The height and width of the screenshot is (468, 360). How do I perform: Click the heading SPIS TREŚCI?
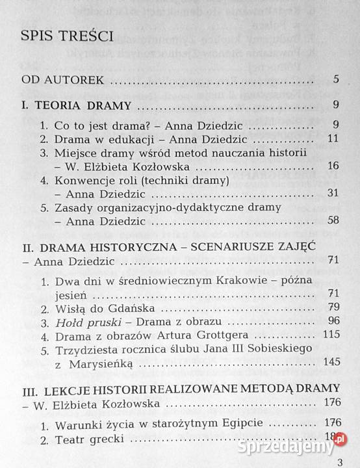(x=68, y=36)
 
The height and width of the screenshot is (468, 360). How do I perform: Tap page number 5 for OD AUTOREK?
(x=335, y=81)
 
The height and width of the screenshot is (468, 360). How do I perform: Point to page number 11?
(x=333, y=140)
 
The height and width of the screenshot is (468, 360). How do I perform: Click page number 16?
(x=333, y=166)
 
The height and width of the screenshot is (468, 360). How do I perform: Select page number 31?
(x=333, y=194)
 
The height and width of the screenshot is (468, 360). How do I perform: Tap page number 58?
(x=333, y=221)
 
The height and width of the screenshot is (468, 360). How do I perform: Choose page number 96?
(x=333, y=322)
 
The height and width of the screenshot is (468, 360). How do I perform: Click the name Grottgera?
(x=223, y=336)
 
